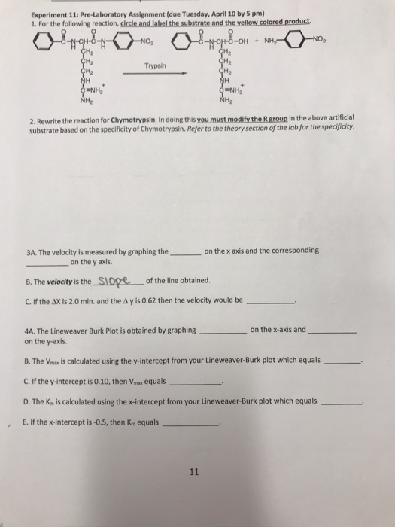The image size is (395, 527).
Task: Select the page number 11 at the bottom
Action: pos(195,472)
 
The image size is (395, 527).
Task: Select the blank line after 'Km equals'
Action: pos(191,425)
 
